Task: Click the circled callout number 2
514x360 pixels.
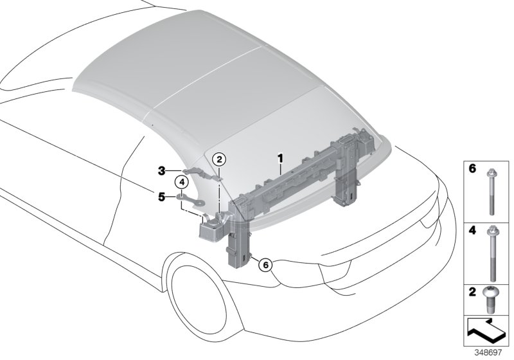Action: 219,159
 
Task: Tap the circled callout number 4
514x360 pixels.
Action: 182,183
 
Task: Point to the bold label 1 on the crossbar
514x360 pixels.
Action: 280,157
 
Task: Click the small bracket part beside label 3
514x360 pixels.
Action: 194,172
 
